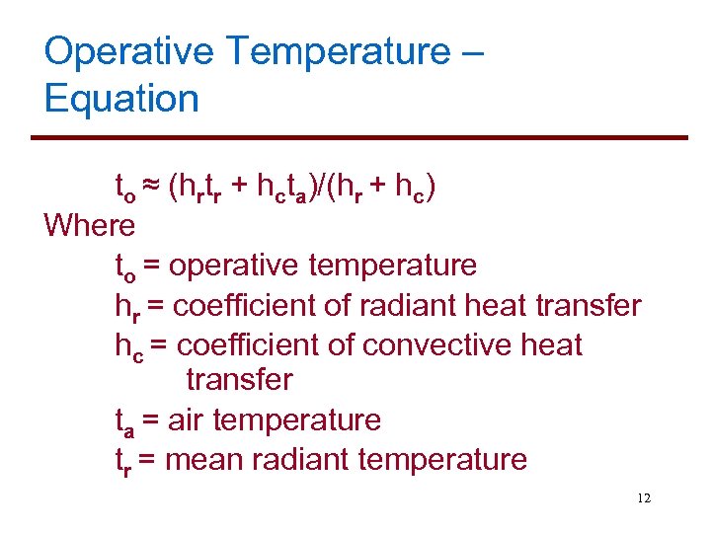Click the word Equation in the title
point(121,99)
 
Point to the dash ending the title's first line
point(472,52)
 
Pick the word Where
point(89,226)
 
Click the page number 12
point(644,498)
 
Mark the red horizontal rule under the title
point(365,137)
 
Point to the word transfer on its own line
point(239,380)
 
